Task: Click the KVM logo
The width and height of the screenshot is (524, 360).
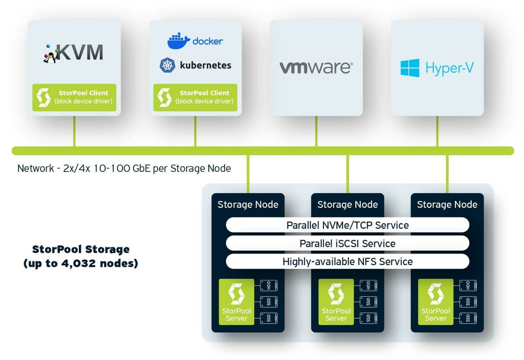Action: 74,52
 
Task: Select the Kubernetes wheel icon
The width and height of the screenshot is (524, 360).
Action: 167,65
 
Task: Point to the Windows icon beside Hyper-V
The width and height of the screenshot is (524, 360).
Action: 410,68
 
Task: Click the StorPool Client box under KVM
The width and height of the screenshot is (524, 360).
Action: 74,97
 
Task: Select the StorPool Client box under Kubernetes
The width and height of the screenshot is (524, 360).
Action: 195,97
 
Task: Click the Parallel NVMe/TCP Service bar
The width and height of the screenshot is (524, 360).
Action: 347,225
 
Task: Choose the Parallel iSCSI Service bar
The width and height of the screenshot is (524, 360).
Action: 347,243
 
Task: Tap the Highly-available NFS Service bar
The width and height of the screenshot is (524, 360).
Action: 347,261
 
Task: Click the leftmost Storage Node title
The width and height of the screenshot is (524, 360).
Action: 248,205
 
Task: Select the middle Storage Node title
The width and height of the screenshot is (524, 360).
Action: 348,205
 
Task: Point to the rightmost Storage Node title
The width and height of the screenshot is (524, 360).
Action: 447,205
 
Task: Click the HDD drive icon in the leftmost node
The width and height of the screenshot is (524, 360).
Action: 269,286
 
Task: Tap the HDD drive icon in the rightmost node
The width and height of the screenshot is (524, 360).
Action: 468,286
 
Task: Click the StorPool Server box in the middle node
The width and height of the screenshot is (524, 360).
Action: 336,302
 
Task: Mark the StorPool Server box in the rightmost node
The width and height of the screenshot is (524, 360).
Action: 436,302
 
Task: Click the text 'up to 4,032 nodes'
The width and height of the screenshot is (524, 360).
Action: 81,263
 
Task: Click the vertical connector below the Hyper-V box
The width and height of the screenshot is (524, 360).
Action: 437,131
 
